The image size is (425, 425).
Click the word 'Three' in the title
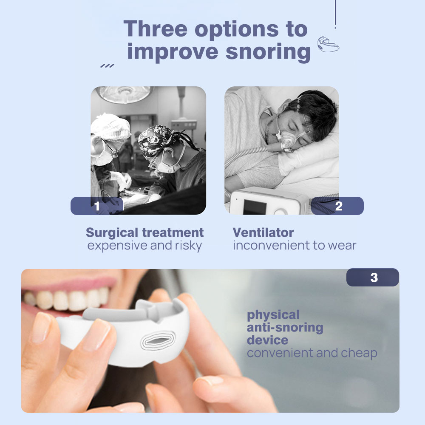coord(156,29)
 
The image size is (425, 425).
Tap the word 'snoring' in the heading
coord(268,52)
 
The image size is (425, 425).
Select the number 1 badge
coord(97,206)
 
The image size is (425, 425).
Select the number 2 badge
coord(338,206)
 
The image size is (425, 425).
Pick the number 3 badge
coord(373,278)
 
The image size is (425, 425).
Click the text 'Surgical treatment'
coord(144,232)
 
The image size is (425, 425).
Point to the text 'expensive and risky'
coord(144,246)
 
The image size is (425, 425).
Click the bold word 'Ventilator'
coord(263,232)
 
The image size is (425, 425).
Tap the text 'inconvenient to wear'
coord(294,246)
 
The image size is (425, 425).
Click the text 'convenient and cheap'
coord(312,353)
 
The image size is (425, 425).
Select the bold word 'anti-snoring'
coord(285,328)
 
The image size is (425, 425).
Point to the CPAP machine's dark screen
coord(255,206)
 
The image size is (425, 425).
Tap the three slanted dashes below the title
coord(107,66)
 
